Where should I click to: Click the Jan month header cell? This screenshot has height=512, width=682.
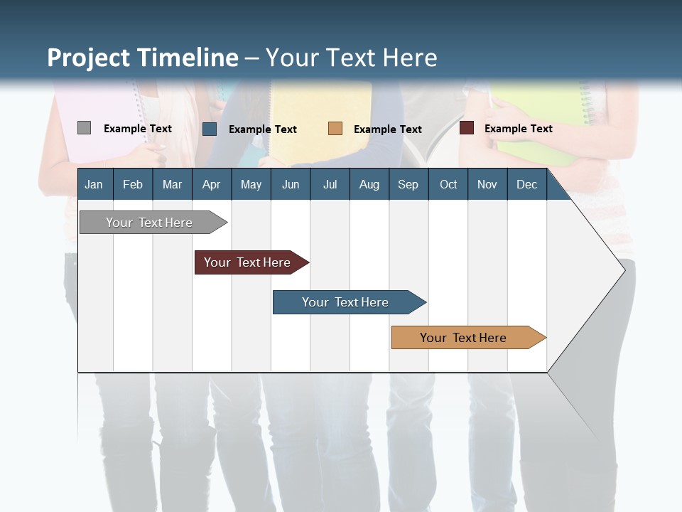[x=94, y=184]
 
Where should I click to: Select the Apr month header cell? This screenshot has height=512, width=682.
[x=212, y=184]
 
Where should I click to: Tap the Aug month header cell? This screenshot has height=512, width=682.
[x=369, y=184]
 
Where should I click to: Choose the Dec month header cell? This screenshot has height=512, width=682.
[x=526, y=184]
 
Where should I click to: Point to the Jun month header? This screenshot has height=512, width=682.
[x=291, y=184]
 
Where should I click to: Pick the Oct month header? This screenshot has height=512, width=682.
[x=448, y=184]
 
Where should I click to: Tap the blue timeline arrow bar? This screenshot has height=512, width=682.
[x=347, y=302]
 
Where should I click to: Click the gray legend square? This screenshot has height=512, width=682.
[x=84, y=128]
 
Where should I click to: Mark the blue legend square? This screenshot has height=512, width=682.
[x=210, y=129]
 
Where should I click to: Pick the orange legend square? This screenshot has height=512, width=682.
[x=335, y=129]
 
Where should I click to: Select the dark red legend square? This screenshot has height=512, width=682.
[x=467, y=128]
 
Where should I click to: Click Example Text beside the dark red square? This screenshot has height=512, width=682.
[x=519, y=129]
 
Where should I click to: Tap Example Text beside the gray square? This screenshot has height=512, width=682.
[x=138, y=129]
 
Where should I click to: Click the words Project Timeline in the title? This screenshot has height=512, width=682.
[x=143, y=58]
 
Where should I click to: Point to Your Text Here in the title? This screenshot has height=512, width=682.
[x=352, y=58]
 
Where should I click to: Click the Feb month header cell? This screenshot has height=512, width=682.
[x=133, y=184]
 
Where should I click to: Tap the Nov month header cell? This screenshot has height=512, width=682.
[x=487, y=184]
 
